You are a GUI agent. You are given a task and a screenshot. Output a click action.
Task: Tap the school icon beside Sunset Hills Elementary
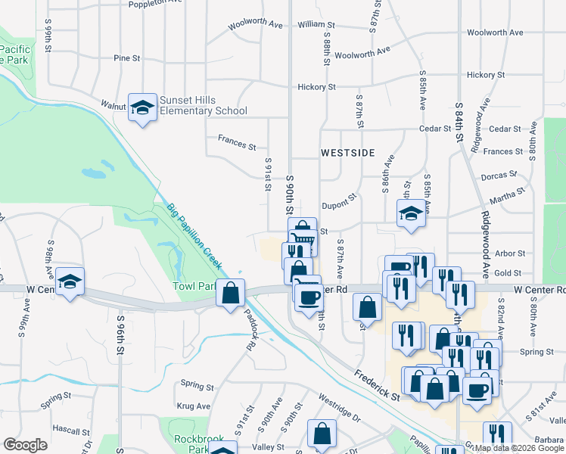pyautogui.click(x=141, y=108)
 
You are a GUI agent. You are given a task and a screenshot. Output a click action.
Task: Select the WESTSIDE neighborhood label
pyautogui.click(x=347, y=152)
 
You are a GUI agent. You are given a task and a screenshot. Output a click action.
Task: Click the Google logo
pyautogui.click(x=25, y=445)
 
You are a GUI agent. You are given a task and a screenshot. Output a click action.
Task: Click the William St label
pyautogui.click(x=311, y=25)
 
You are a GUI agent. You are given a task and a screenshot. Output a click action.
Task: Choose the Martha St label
pyautogui.click(x=507, y=196)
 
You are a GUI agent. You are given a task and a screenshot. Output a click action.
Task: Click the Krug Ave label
pyautogui.click(x=193, y=406)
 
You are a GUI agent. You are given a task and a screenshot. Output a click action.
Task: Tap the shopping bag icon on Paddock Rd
pyautogui.click(x=230, y=292)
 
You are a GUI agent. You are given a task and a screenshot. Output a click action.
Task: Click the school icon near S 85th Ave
pyautogui.click(x=412, y=213)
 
